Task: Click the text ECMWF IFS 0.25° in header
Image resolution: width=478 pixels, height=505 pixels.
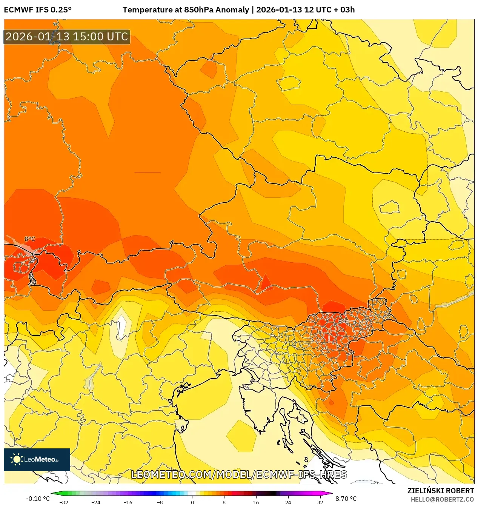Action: (38, 10)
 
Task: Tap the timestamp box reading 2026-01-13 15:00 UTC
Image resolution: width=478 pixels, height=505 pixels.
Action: (67, 37)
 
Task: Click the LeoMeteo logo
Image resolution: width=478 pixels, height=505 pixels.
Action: (37, 459)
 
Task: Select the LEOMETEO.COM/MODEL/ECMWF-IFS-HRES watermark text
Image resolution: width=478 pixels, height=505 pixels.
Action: (239, 474)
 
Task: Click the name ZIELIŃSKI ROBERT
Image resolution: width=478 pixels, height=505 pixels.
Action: (440, 491)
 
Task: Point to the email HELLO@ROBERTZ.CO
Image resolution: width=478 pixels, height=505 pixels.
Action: (442, 499)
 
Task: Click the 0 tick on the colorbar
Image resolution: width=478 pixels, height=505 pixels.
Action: (192, 502)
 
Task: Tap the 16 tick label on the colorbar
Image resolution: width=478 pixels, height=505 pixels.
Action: (256, 502)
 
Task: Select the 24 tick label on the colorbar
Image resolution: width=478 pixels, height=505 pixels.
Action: (288, 502)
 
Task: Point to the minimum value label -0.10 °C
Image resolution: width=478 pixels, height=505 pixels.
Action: (38, 499)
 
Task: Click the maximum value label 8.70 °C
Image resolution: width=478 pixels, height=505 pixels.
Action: (346, 499)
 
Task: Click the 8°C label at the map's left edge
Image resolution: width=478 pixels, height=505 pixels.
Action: (30, 239)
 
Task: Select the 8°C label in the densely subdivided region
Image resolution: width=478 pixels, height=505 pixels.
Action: (343, 321)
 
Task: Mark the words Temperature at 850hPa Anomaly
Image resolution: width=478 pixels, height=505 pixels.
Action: (186, 10)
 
